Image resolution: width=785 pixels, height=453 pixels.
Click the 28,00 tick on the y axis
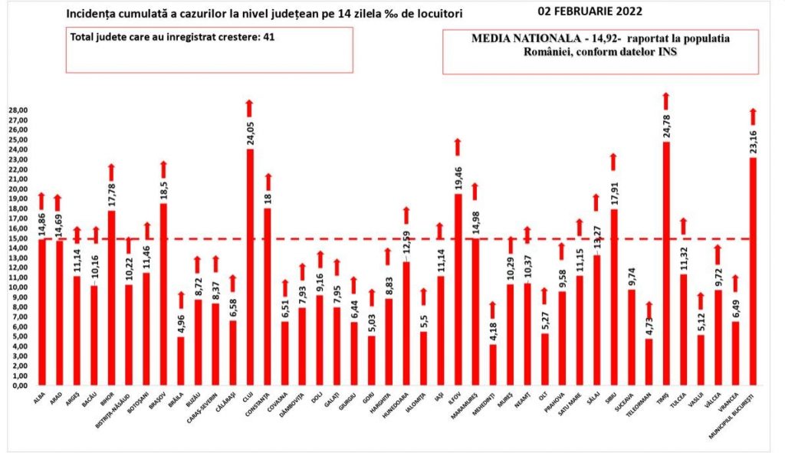(x=18, y=110)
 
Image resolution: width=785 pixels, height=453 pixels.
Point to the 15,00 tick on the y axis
(x=18, y=238)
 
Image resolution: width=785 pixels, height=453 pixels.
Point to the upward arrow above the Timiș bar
(x=666, y=100)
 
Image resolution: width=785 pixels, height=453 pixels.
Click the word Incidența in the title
(x=94, y=14)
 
